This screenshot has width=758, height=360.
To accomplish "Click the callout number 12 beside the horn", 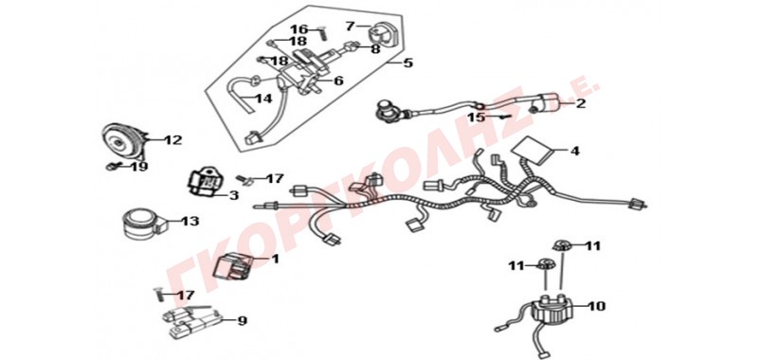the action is tap(172, 140).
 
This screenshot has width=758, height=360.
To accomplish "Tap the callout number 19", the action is tap(138, 167).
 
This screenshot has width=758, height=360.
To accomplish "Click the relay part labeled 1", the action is tap(233, 267).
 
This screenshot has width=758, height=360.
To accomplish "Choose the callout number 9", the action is tap(243, 320).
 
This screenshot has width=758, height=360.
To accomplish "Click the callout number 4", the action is tap(574, 151).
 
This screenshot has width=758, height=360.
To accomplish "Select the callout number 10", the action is tap(596, 306).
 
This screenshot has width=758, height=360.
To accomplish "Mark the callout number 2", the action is tap(580, 103).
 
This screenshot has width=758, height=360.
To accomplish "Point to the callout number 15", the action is tap(476, 117).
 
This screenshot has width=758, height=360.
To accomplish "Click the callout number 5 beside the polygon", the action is tap(408, 63).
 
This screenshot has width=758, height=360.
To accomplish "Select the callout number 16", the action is tap(299, 29).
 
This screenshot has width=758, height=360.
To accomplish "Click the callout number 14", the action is tap(264, 99).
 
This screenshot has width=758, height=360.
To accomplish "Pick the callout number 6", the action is tap(338, 81).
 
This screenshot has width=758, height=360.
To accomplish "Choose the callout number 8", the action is tap(375, 48).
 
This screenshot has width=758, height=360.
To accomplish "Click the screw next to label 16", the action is tap(322, 34).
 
